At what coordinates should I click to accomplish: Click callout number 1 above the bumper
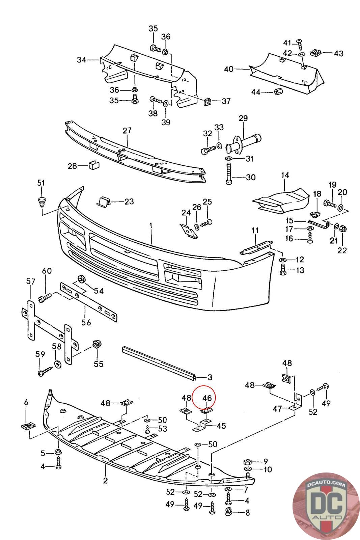[x=150, y=226]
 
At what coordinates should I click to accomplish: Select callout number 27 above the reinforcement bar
[x=127, y=130]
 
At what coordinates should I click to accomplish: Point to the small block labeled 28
[x=94, y=165]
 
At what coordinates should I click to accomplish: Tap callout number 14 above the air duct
[x=285, y=175]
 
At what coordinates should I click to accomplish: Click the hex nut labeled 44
[x=278, y=91]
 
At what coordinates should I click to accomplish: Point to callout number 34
[x=81, y=59]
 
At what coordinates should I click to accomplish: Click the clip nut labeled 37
[x=207, y=101]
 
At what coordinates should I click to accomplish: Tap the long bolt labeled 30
[x=229, y=173]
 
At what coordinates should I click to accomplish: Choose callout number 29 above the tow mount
[x=243, y=118]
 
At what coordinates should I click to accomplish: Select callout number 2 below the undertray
[x=105, y=481]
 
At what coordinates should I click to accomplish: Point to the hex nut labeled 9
[x=247, y=462]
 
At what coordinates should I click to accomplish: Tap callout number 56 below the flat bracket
[x=86, y=322]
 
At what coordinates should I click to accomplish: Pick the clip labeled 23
[x=104, y=202]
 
